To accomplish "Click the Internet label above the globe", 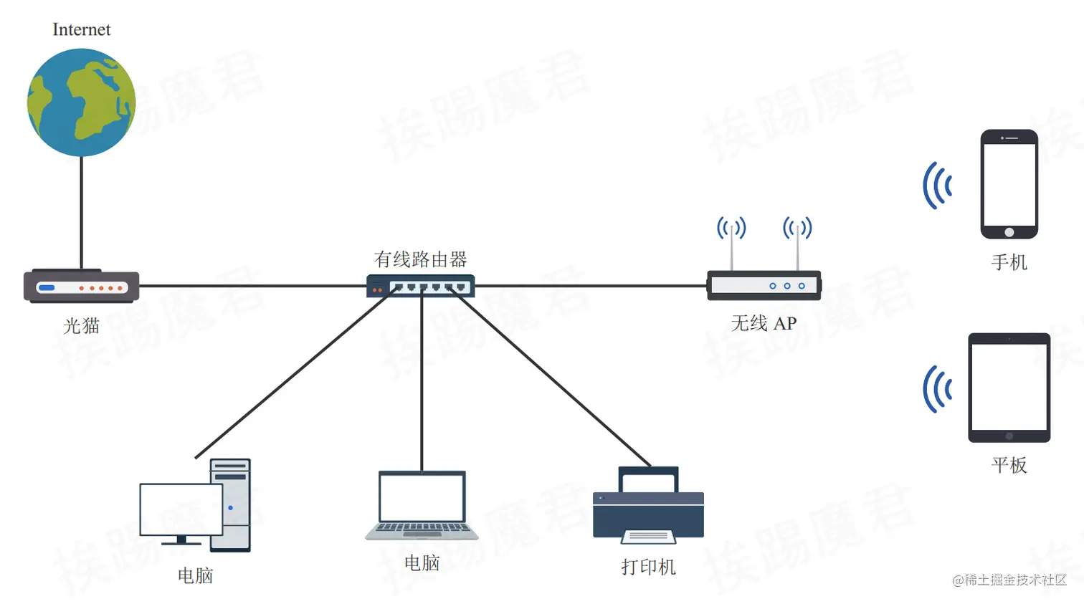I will coord(82,30).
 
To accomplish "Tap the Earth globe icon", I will coord(81,102).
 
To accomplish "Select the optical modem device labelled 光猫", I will coord(82,287).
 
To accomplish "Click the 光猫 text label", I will coord(81,326).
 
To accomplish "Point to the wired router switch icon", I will coord(421,287).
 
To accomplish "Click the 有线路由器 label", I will coord(421,259).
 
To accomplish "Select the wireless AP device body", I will coord(764,285).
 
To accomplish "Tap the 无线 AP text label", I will coord(764,324).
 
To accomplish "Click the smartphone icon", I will coord(1009,183).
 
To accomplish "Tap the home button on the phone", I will coord(1009,232).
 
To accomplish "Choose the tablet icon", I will coord(1009,387).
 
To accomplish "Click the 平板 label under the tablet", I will coord(1009,466).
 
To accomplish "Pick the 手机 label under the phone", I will coord(1009,263).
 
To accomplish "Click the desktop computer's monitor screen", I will coord(181,509).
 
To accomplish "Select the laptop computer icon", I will coord(422,505).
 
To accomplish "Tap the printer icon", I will coord(648,505).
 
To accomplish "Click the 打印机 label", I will coord(648,567).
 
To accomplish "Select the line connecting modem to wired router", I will coord(251,286).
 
